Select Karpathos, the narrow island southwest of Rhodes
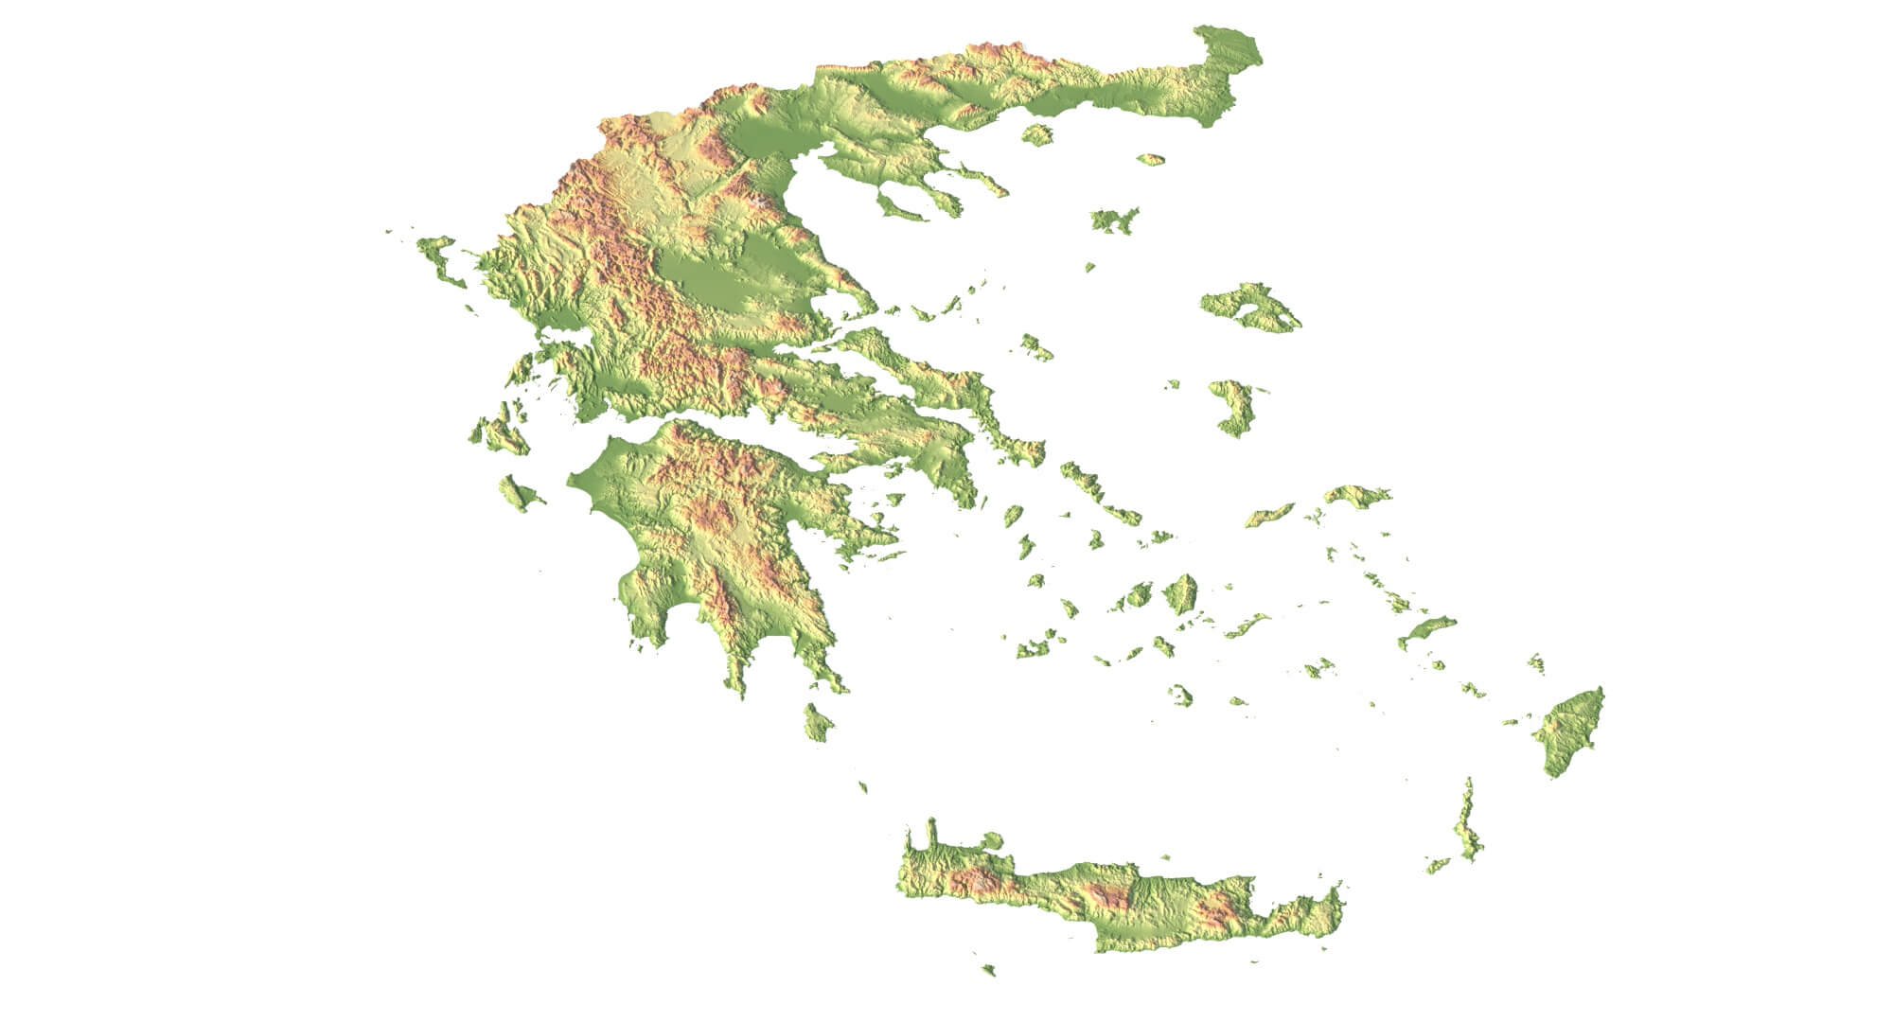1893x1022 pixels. tap(1467, 828)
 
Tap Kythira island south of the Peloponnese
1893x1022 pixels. tap(817, 724)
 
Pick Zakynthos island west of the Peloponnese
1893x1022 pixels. tap(519, 494)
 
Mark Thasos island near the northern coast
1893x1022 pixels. tap(1037, 134)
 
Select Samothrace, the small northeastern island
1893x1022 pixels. tap(1150, 159)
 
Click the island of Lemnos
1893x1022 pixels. tap(1113, 220)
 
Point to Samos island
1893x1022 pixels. tap(1356, 496)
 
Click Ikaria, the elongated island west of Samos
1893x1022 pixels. tap(1269, 515)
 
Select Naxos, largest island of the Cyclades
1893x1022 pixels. tap(1180, 594)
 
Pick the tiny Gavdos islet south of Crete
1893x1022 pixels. tap(989, 969)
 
